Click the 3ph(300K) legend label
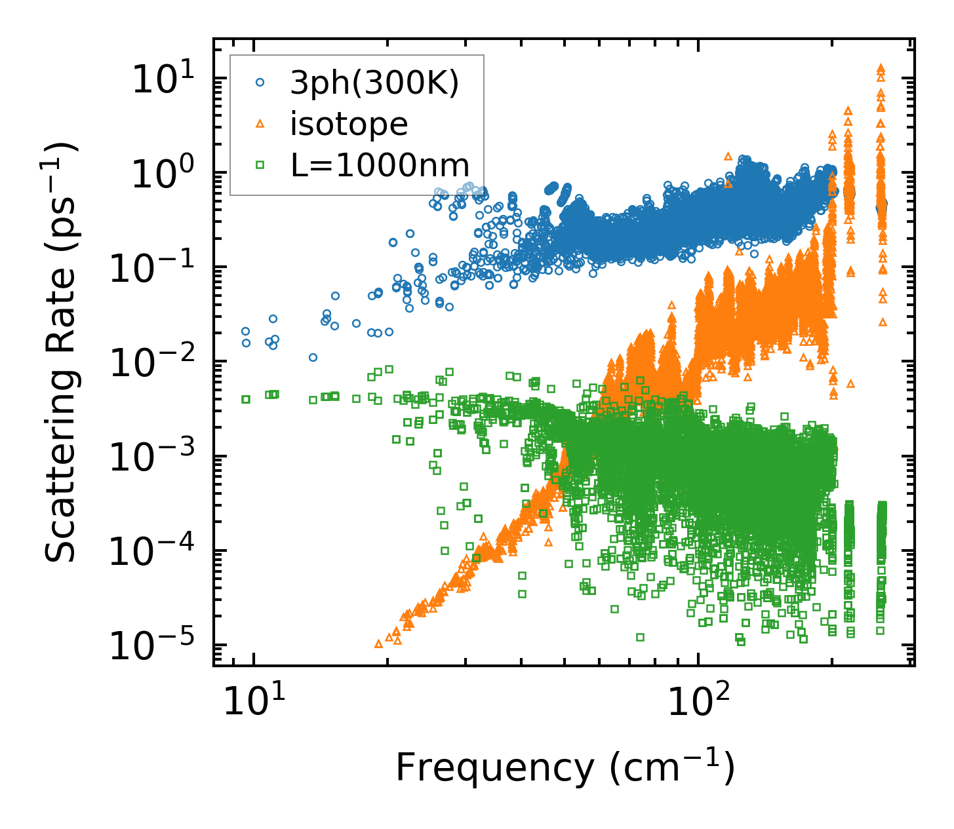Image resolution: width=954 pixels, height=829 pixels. (374, 83)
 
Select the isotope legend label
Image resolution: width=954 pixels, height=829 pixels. (349, 124)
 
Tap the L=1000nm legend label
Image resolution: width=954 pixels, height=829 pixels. (380, 165)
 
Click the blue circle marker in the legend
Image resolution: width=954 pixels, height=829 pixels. (260, 83)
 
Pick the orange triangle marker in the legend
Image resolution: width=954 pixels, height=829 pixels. (260, 123)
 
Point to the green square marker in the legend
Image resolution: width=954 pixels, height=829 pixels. (260, 164)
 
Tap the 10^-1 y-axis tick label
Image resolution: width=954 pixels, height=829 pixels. (149, 269)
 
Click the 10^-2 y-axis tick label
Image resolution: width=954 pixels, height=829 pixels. (149, 364)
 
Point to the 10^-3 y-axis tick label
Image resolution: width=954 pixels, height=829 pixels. (149, 459)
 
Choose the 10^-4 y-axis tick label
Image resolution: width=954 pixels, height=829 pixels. (149, 553)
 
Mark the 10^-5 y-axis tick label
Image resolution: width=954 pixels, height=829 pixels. (149, 647)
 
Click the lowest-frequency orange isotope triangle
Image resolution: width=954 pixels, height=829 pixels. (378, 644)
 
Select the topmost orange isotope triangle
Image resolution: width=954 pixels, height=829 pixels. (881, 67)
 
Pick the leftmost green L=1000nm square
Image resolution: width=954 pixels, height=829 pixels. (246, 399)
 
